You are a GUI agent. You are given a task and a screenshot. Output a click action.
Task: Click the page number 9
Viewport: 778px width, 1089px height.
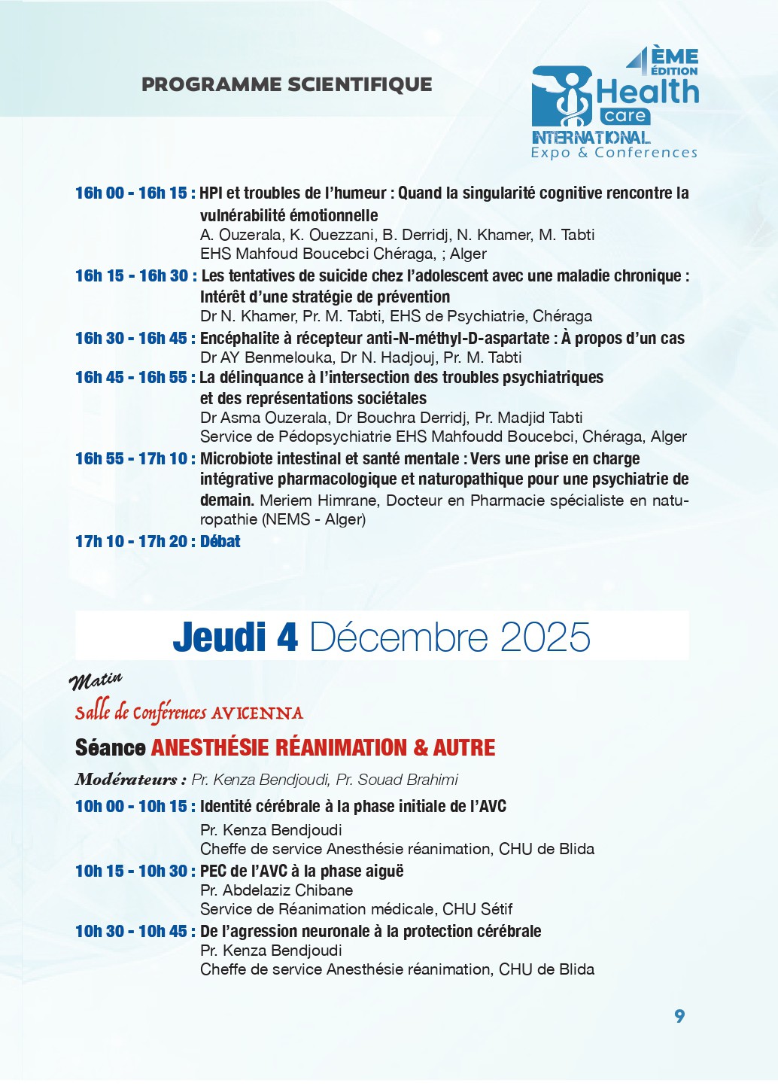point(679,1016)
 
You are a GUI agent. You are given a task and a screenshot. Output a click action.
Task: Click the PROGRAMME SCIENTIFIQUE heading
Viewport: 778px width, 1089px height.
point(287,84)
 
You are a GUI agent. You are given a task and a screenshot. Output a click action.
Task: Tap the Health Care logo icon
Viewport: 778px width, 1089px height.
point(563,96)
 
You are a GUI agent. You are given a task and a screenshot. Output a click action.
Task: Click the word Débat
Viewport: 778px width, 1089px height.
point(220,542)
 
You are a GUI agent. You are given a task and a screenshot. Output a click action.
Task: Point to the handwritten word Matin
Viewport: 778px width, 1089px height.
point(96,681)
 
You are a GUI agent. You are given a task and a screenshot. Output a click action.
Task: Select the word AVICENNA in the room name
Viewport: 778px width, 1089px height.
point(257,713)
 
